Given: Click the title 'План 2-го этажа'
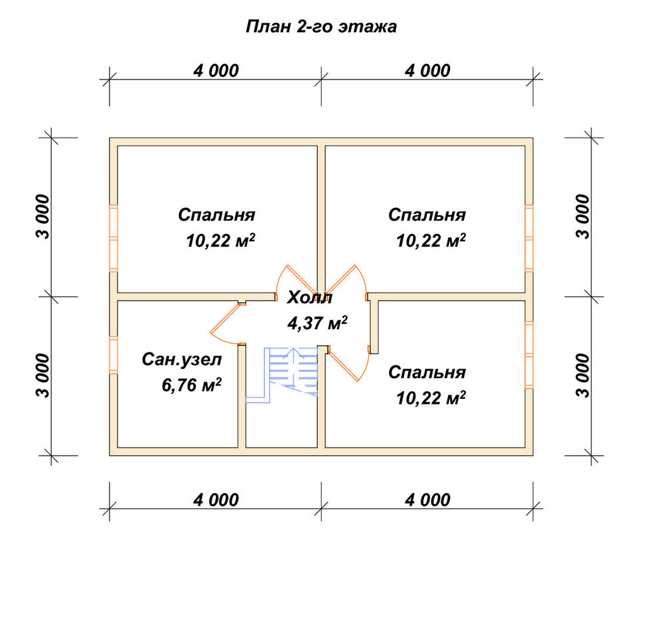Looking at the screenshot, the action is (x=321, y=27).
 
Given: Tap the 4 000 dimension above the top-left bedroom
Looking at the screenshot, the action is (x=216, y=70).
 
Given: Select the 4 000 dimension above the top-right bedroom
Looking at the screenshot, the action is (x=428, y=70).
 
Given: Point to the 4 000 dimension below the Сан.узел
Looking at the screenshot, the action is (x=216, y=500).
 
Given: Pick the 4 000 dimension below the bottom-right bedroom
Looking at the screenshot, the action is (x=428, y=500).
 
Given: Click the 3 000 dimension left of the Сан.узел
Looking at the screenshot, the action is (x=43, y=376).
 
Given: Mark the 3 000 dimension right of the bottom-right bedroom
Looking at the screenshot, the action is (x=583, y=376).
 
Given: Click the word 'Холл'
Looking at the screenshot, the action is (x=309, y=297).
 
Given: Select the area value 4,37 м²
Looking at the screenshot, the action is (x=317, y=323).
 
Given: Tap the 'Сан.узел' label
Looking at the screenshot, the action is (x=182, y=360).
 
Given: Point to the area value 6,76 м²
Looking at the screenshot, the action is (x=192, y=385).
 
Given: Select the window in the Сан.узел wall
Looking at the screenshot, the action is (x=113, y=356).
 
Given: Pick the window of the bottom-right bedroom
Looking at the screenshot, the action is (x=529, y=355).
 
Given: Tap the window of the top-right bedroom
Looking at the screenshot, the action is (x=529, y=239).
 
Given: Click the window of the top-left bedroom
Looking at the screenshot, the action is (x=113, y=239).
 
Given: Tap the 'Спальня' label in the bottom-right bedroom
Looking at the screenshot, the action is (x=427, y=372).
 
